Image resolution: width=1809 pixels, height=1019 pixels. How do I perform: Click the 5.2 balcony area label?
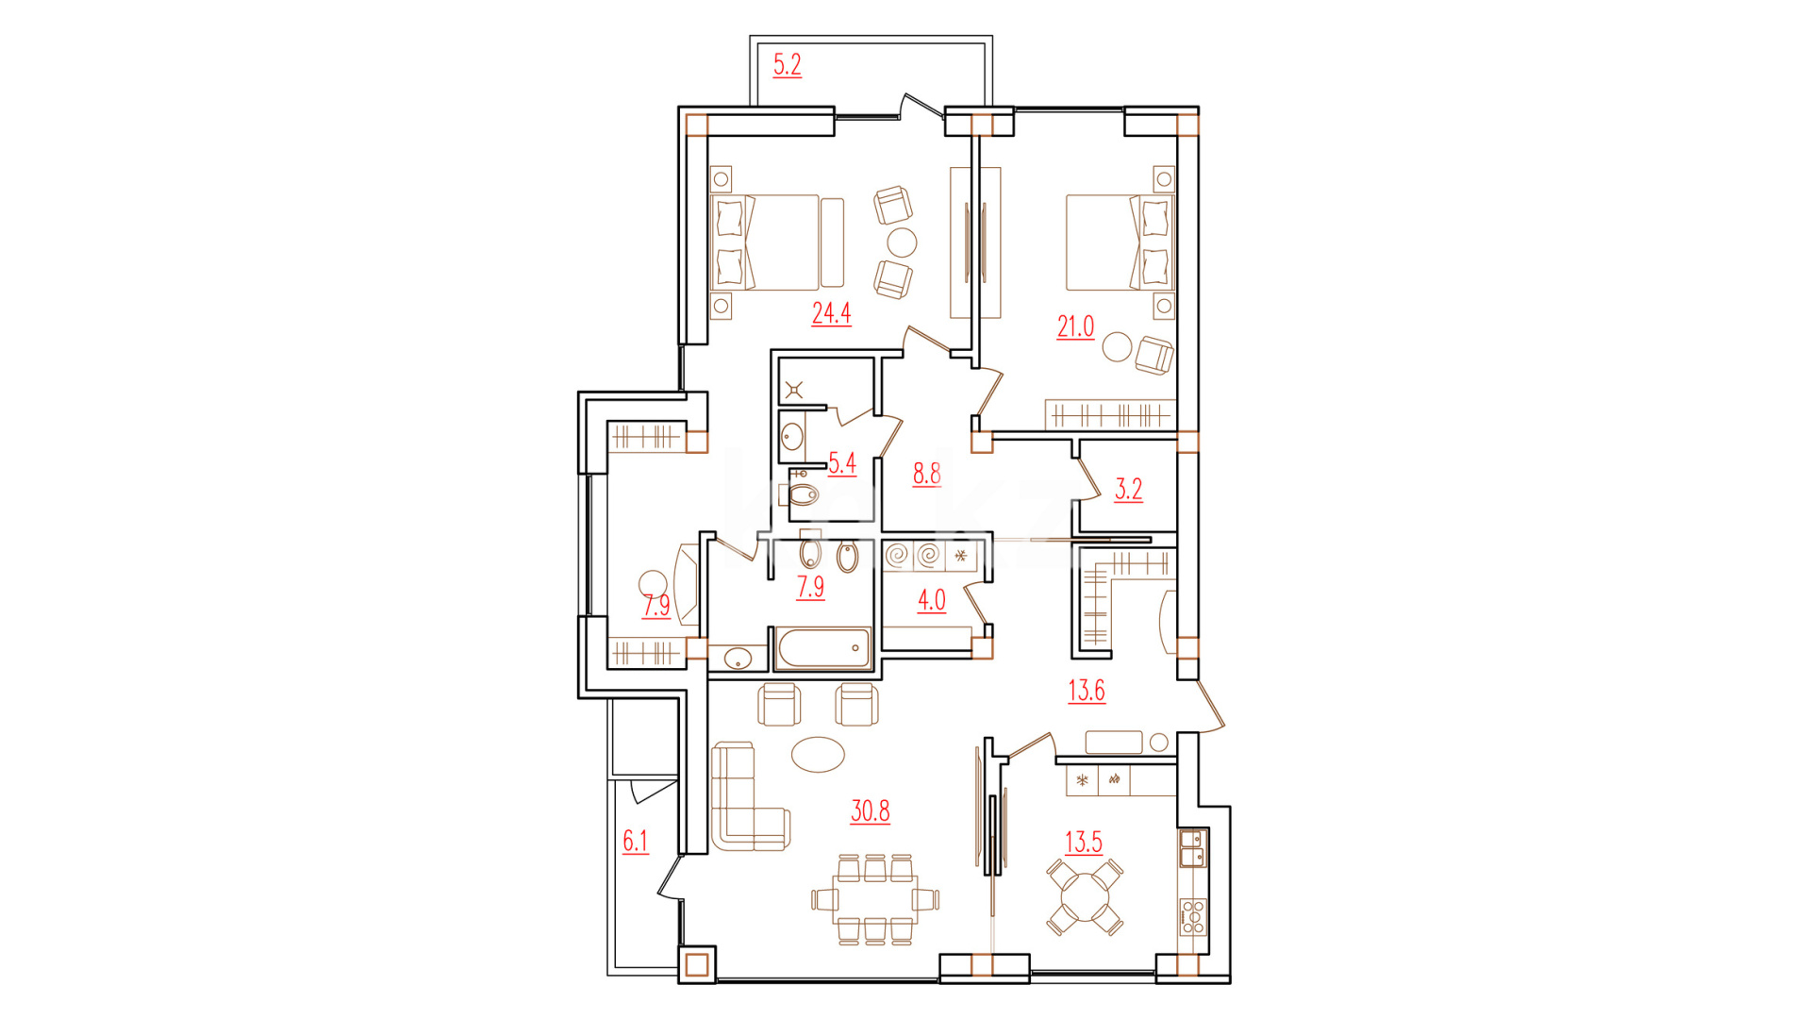[x=788, y=65]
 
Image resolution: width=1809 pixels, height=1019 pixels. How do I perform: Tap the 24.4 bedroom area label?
[x=831, y=312]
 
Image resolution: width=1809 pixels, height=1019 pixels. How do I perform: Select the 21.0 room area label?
[x=1075, y=326]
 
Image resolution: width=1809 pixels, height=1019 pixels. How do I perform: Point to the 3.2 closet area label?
[x=1128, y=489]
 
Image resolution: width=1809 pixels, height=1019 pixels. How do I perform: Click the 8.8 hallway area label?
[x=926, y=473]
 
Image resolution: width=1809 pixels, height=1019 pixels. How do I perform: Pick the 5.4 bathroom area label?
[x=841, y=463]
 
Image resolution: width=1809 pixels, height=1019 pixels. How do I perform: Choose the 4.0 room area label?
[x=931, y=600]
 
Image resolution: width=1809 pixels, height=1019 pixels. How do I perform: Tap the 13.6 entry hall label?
[x=1086, y=691]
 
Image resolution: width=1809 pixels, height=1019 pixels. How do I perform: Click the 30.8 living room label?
[x=870, y=810]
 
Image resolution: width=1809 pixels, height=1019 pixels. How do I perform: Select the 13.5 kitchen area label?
[x=1083, y=842]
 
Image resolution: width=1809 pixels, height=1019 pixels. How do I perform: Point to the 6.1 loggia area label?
[x=635, y=841]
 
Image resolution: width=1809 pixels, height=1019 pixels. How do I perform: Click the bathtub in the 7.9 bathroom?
[x=823, y=648]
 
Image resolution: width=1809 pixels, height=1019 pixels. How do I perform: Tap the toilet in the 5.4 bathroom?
[x=803, y=493]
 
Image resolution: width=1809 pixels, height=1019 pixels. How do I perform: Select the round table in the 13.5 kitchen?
[x=1086, y=897]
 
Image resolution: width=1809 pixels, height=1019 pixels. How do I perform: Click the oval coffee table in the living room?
[x=818, y=754]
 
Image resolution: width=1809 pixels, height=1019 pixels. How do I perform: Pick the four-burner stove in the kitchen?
[x=1192, y=916]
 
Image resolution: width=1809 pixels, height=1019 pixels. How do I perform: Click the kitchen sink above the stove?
[x=1192, y=848]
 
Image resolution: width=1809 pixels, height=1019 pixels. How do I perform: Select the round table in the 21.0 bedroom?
[x=1119, y=346]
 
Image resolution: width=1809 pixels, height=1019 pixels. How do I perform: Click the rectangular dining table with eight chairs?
[x=874, y=899]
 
